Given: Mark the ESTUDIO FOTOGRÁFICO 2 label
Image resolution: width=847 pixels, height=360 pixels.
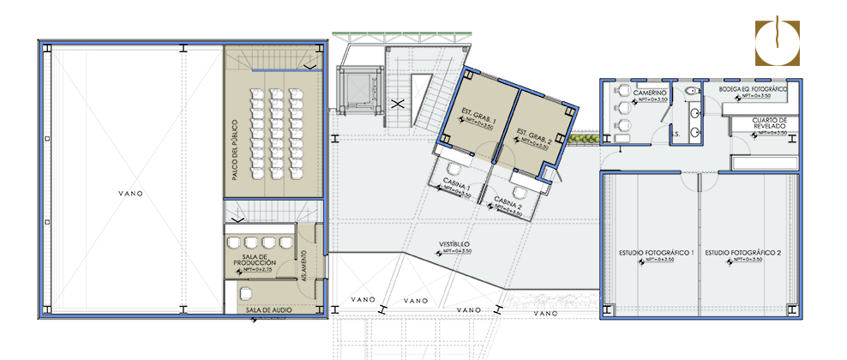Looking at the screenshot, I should click(x=742, y=253).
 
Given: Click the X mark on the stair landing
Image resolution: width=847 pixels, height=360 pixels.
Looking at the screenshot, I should click(x=397, y=104).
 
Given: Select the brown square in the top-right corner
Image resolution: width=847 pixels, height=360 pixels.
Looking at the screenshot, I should click(x=777, y=43).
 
